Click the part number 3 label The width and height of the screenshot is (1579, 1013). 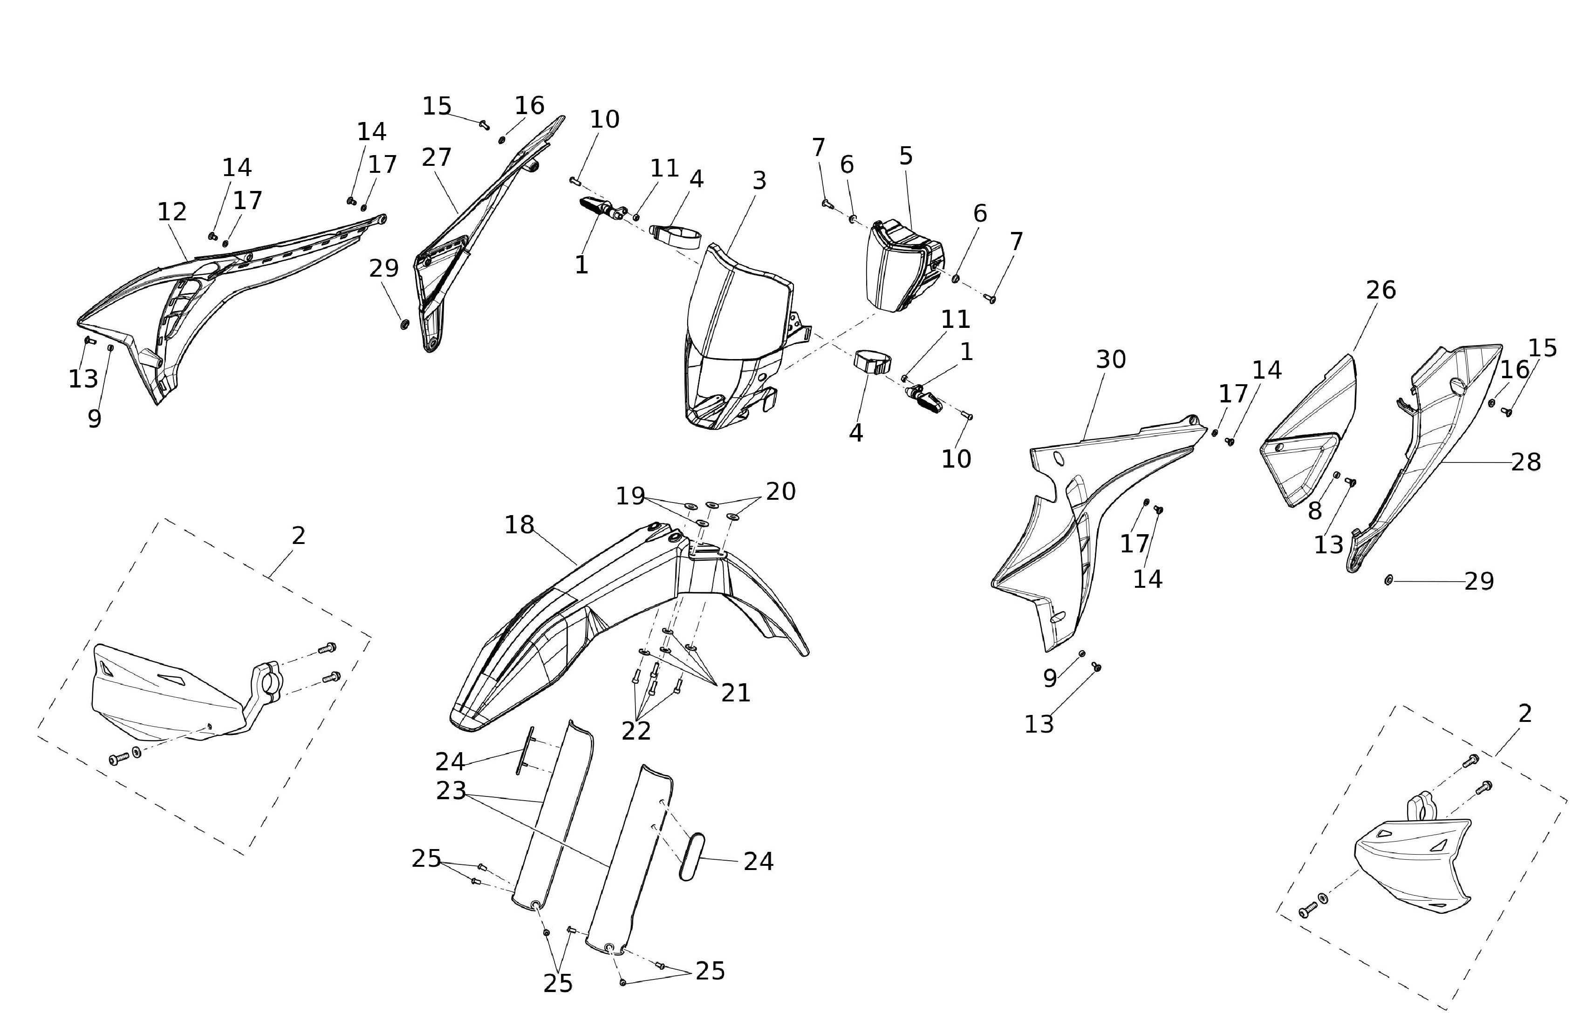pyautogui.click(x=759, y=180)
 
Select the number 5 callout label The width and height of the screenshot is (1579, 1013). pyautogui.click(x=906, y=156)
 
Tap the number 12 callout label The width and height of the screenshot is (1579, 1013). pyautogui.click(x=172, y=212)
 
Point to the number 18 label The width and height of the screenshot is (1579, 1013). pyautogui.click(x=519, y=525)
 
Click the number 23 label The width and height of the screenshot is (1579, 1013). pyautogui.click(x=451, y=791)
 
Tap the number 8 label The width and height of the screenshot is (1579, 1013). pyautogui.click(x=1314, y=511)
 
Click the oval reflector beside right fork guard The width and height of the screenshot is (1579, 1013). pyautogui.click(x=691, y=857)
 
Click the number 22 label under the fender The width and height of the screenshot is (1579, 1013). pyautogui.click(x=636, y=730)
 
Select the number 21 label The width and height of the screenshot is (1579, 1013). pyautogui.click(x=736, y=693)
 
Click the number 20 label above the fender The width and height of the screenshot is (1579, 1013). pyautogui.click(x=781, y=491)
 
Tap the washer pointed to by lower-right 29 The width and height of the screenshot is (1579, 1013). pyautogui.click(x=1388, y=580)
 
